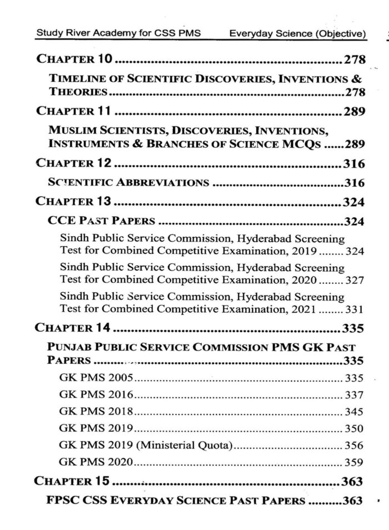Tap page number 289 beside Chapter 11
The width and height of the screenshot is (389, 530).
[353, 111]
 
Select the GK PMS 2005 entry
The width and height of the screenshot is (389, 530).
[96, 378]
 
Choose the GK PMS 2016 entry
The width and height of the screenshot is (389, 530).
[96, 395]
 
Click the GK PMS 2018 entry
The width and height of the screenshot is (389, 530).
[96, 412]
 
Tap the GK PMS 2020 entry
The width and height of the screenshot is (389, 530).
[96, 462]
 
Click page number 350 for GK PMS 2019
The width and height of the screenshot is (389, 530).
[354, 429]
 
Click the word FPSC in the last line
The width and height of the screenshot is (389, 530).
[63, 500]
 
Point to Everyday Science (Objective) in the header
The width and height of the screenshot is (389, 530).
[298, 34]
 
